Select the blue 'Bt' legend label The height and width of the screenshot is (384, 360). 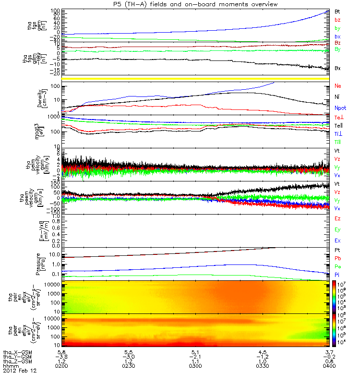coord(337,11)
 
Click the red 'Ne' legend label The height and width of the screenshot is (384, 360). coord(337,86)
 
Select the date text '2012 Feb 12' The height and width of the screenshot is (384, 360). coord(20,371)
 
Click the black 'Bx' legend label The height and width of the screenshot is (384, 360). coord(337,68)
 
